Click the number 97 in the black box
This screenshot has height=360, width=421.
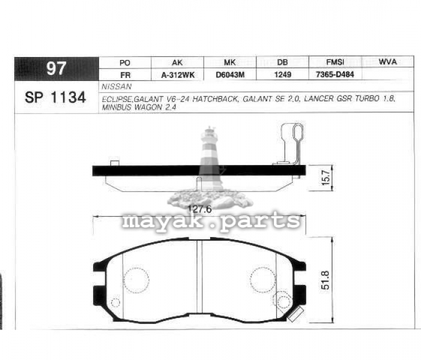(56, 68)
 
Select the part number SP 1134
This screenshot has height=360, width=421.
(55, 97)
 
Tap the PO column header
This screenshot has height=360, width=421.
(125, 63)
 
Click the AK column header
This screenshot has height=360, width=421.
(177, 63)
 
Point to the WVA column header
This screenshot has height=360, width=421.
(387, 62)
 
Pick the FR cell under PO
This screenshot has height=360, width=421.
(126, 76)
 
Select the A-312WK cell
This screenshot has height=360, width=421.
(178, 76)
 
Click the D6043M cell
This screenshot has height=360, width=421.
(230, 75)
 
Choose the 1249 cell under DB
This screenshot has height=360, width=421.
(282, 74)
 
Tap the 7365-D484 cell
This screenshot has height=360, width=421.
(335, 74)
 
